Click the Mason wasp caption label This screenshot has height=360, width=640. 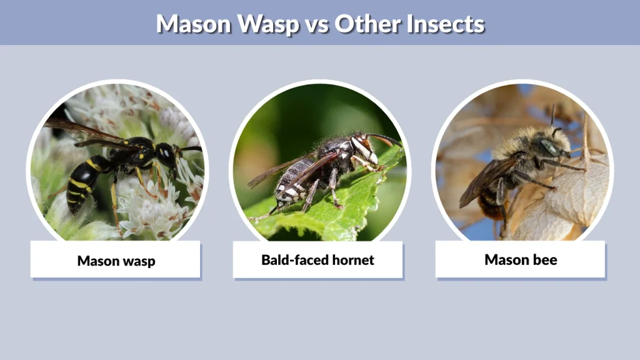[116, 260]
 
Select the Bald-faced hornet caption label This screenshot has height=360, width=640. [317, 260]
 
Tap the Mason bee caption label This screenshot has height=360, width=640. [520, 259]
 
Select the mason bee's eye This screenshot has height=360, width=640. [549, 147]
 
